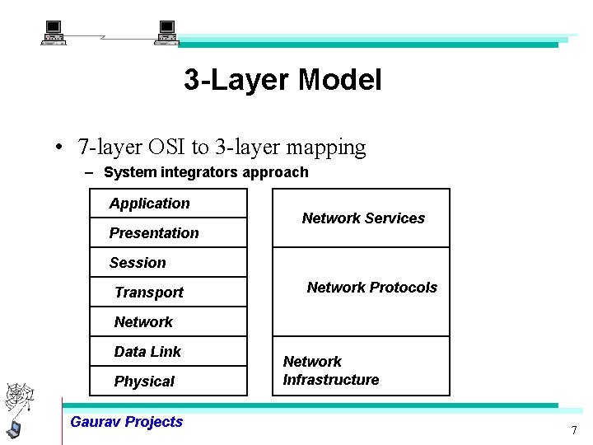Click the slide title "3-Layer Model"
[282, 81]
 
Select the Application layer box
[168, 204]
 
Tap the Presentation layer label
[154, 233]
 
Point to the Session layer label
[138, 263]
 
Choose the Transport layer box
[168, 293]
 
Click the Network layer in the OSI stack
[143, 322]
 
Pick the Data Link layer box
[168, 352]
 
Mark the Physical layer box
[168, 382]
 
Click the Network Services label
[363, 218]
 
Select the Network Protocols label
[371, 288]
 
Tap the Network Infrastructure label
[330, 371]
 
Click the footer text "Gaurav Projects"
[126, 422]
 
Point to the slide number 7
[574, 431]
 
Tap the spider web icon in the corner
[19, 398]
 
